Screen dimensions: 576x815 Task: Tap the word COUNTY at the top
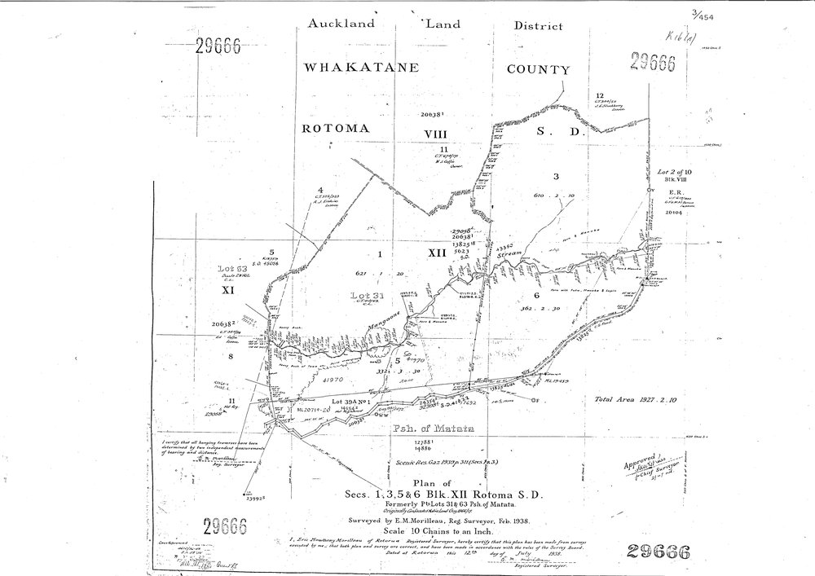coord(537,69)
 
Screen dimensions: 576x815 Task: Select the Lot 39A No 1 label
coord(352,402)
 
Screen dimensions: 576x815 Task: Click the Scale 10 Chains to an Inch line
coord(420,529)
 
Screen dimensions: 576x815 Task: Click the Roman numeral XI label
coord(229,288)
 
